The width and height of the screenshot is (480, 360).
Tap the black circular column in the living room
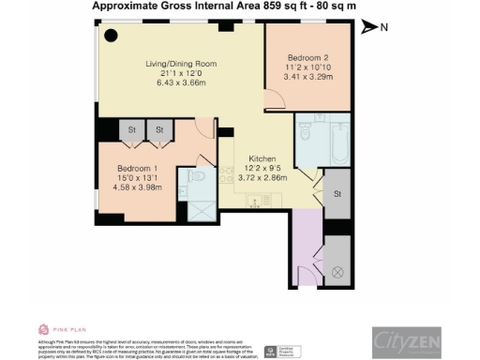tap(111, 37)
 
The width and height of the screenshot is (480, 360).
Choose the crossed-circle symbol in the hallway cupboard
tap(337, 275)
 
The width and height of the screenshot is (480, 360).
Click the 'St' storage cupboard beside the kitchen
tap(337, 194)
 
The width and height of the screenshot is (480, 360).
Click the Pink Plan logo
tap(57, 329)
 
